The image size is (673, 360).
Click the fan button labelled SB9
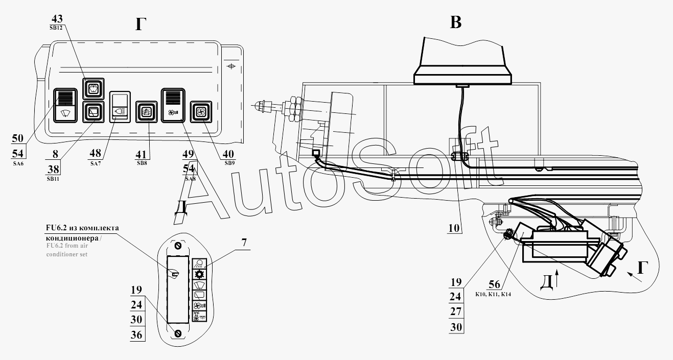200,112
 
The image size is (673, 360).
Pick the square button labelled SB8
145,112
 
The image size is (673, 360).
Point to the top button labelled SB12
94,88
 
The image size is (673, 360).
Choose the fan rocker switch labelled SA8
173,105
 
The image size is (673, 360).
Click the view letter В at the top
455,23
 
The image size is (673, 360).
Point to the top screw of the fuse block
178,246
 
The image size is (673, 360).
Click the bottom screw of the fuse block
178,333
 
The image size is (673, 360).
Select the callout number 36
136,335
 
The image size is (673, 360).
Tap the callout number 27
456,311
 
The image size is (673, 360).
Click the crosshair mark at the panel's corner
231,66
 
